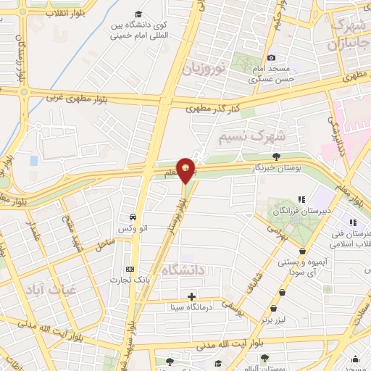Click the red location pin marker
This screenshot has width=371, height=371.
point(186,169)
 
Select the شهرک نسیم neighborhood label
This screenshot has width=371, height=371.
point(253,136)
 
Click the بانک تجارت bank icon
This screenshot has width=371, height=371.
point(129,268)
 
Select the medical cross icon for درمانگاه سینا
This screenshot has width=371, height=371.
point(191,296)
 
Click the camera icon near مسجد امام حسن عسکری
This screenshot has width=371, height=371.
point(272,58)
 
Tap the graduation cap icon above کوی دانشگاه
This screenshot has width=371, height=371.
point(138,14)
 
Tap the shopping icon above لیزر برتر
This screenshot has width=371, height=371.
point(281,291)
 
